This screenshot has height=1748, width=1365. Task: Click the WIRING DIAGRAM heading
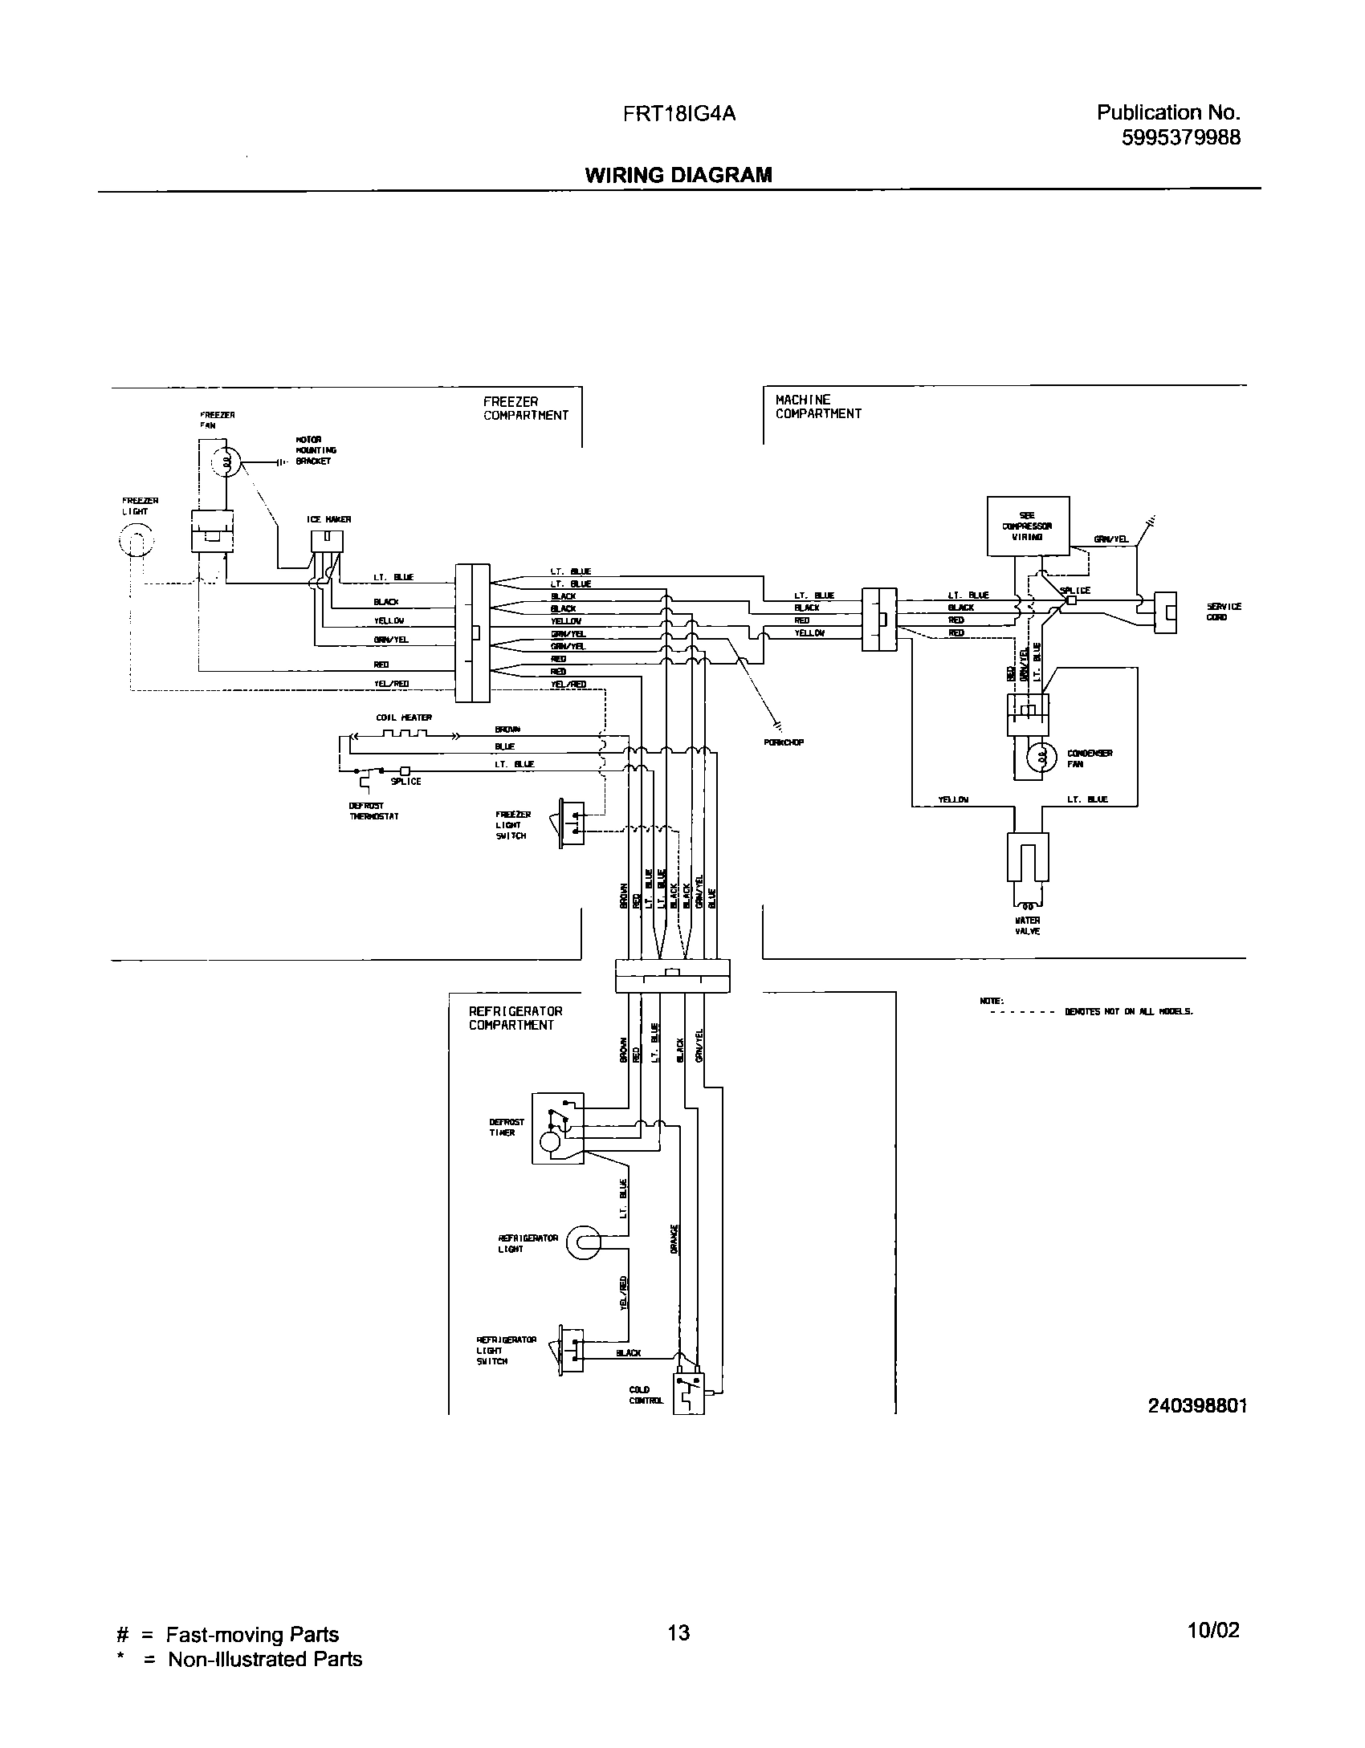click(x=678, y=175)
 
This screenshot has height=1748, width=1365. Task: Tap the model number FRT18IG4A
click(x=679, y=114)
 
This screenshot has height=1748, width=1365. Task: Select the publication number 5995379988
click(x=1180, y=138)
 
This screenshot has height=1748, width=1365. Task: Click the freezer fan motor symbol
click(x=226, y=462)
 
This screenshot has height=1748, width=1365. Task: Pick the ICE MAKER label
click(x=329, y=519)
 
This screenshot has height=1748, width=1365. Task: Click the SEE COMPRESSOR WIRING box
click(x=1028, y=526)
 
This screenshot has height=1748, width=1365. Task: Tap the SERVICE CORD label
click(x=1224, y=612)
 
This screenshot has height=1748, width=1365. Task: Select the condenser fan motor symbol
click(x=1041, y=758)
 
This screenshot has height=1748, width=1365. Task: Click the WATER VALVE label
click(x=1027, y=925)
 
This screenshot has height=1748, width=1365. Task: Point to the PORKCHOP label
click(x=784, y=742)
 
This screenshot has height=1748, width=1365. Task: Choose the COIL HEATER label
click(x=404, y=717)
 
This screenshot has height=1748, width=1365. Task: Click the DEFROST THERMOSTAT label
click(x=374, y=811)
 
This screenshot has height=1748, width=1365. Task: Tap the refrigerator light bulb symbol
click(x=583, y=1243)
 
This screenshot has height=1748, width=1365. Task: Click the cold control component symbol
click(x=688, y=1393)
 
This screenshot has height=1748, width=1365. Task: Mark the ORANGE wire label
click(x=675, y=1238)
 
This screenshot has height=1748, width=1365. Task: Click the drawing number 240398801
click(x=1197, y=1404)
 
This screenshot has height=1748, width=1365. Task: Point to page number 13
click(x=678, y=1632)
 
